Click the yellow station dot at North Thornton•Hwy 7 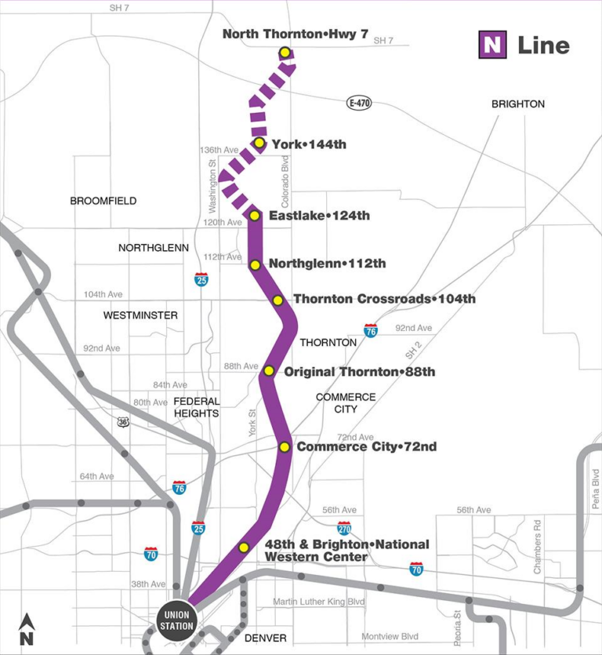click(285, 53)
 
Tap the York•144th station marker click(259, 143)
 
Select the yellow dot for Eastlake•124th click(254, 215)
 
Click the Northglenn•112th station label click(327, 264)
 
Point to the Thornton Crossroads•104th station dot click(277, 300)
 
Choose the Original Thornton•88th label click(359, 371)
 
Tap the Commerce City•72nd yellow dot click(285, 447)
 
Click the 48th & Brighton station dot click(244, 548)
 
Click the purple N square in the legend click(492, 45)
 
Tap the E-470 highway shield click(359, 103)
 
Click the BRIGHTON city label click(517, 104)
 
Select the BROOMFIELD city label click(103, 201)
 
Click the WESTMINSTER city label click(140, 315)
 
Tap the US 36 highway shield click(123, 422)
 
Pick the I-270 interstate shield click(344, 528)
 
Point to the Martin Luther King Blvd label click(319, 602)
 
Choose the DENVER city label click(265, 638)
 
